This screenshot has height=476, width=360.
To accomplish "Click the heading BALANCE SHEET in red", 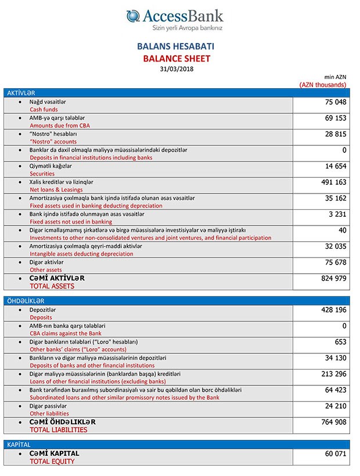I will [x=177, y=59].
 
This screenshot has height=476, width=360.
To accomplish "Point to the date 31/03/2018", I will [x=177, y=69].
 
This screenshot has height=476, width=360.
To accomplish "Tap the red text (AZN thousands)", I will [x=323, y=85].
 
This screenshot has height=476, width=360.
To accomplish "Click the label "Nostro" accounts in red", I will [x=53, y=141].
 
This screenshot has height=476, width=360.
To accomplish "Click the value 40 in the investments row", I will [x=342, y=231].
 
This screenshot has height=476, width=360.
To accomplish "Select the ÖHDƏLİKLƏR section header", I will [x=25, y=301].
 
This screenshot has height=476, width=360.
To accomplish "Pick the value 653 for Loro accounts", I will [x=339, y=342].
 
